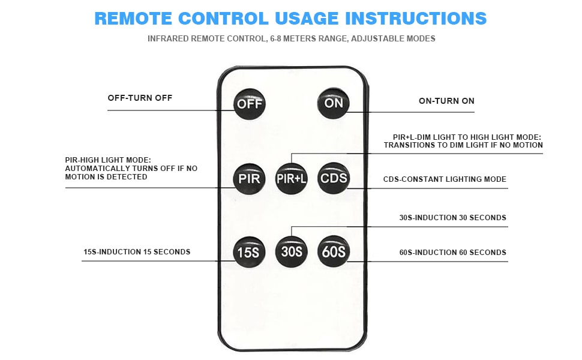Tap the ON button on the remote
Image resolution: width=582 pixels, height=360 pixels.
pos(333,103)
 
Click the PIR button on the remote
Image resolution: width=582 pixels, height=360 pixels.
pos(249,178)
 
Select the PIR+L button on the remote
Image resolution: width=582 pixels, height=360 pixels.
pos(291,178)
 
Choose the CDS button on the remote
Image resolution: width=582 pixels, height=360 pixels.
pos(333,178)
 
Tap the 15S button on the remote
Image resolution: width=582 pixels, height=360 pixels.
pos(249,252)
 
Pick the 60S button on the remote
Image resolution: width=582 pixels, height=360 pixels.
pos(333,252)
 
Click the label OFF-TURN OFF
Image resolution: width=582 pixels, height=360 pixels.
pos(140,98)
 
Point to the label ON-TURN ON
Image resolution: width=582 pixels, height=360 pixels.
pos(446,101)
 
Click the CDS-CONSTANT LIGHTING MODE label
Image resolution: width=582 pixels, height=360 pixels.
pos(445,179)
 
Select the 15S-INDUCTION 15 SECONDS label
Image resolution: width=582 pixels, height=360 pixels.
pos(137,252)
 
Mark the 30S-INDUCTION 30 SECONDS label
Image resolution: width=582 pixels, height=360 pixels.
pos(452,218)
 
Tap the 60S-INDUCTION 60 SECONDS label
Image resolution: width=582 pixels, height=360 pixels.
pos(452,253)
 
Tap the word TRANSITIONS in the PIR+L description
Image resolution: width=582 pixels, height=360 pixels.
pos(409,145)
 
